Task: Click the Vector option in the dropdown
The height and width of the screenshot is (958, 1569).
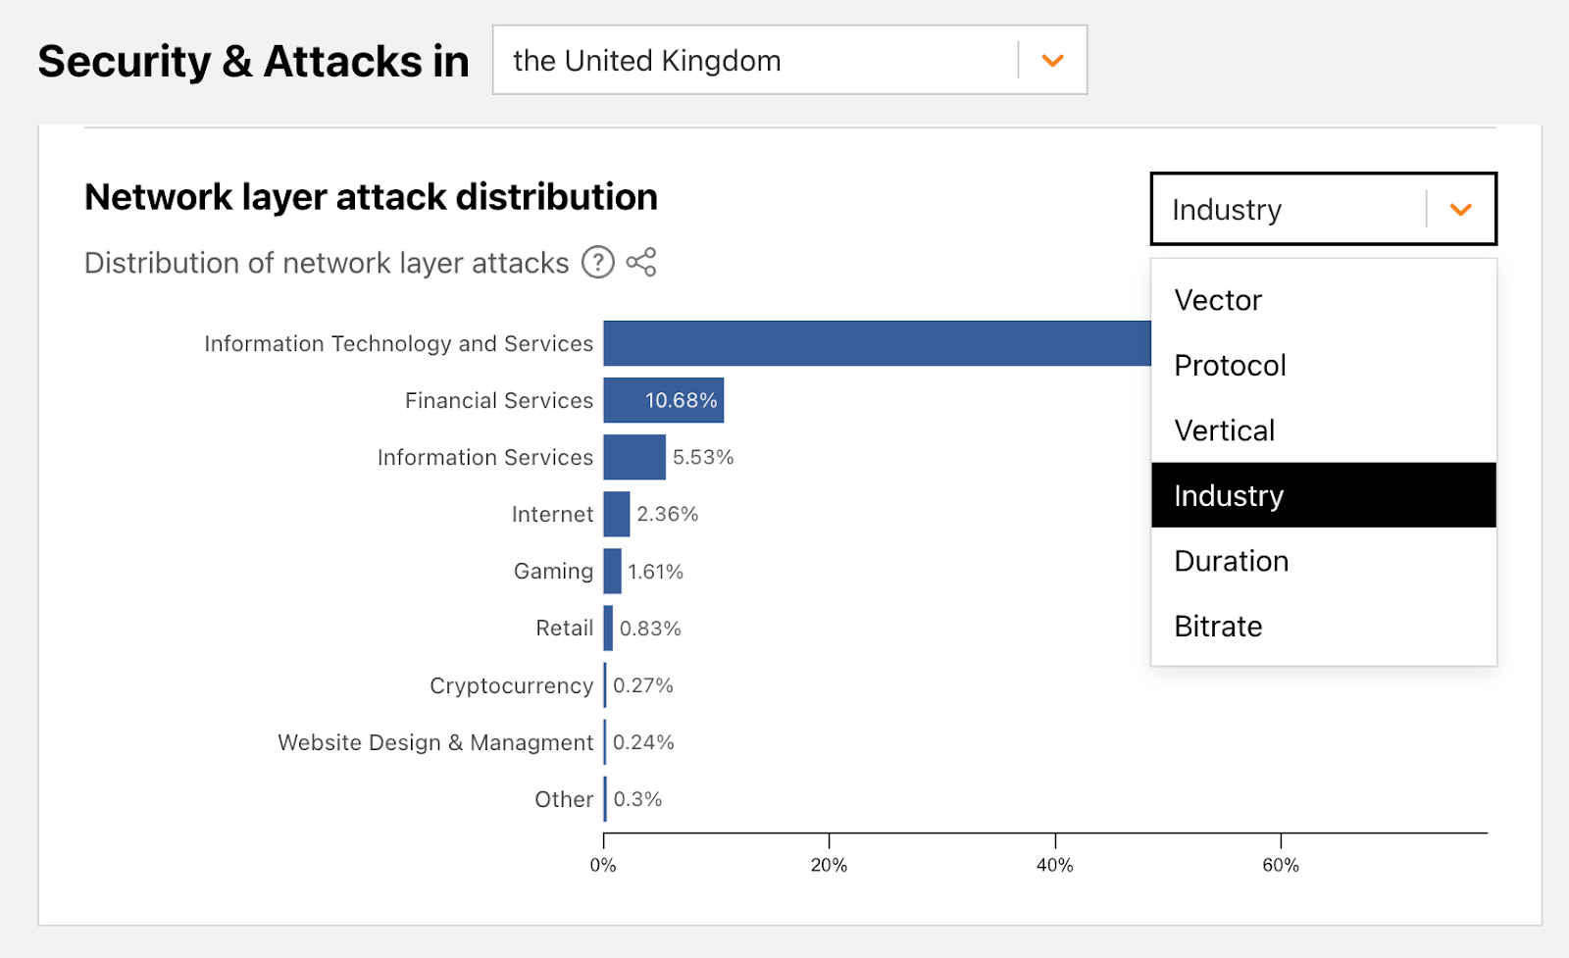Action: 1218,300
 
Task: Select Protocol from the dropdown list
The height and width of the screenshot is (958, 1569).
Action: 1230,366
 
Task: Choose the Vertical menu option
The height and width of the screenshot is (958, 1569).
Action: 1224,430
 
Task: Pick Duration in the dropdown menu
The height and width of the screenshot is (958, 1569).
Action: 1231,561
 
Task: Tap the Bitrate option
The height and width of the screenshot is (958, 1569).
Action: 1218,627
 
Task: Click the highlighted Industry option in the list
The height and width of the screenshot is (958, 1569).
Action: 1229,496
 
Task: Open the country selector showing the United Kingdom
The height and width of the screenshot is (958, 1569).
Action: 789,61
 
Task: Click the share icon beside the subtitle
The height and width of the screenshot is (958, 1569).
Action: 641,263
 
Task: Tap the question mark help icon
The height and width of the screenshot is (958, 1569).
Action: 598,263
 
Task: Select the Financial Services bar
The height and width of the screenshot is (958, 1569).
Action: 663,400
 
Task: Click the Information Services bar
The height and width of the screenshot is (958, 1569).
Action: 634,457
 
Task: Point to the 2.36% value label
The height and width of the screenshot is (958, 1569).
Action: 668,514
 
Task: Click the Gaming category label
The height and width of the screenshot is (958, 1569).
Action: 553,572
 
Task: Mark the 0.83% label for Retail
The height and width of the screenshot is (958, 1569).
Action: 650,629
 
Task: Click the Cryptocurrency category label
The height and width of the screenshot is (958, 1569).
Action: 511,685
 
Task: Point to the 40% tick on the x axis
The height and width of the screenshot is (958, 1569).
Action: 1055,865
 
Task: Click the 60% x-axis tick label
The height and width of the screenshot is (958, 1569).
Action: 1281,865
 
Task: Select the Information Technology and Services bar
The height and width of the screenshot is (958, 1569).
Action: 877,343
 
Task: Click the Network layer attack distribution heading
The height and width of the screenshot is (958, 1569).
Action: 371,197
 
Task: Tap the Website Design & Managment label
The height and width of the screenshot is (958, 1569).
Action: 435,742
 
